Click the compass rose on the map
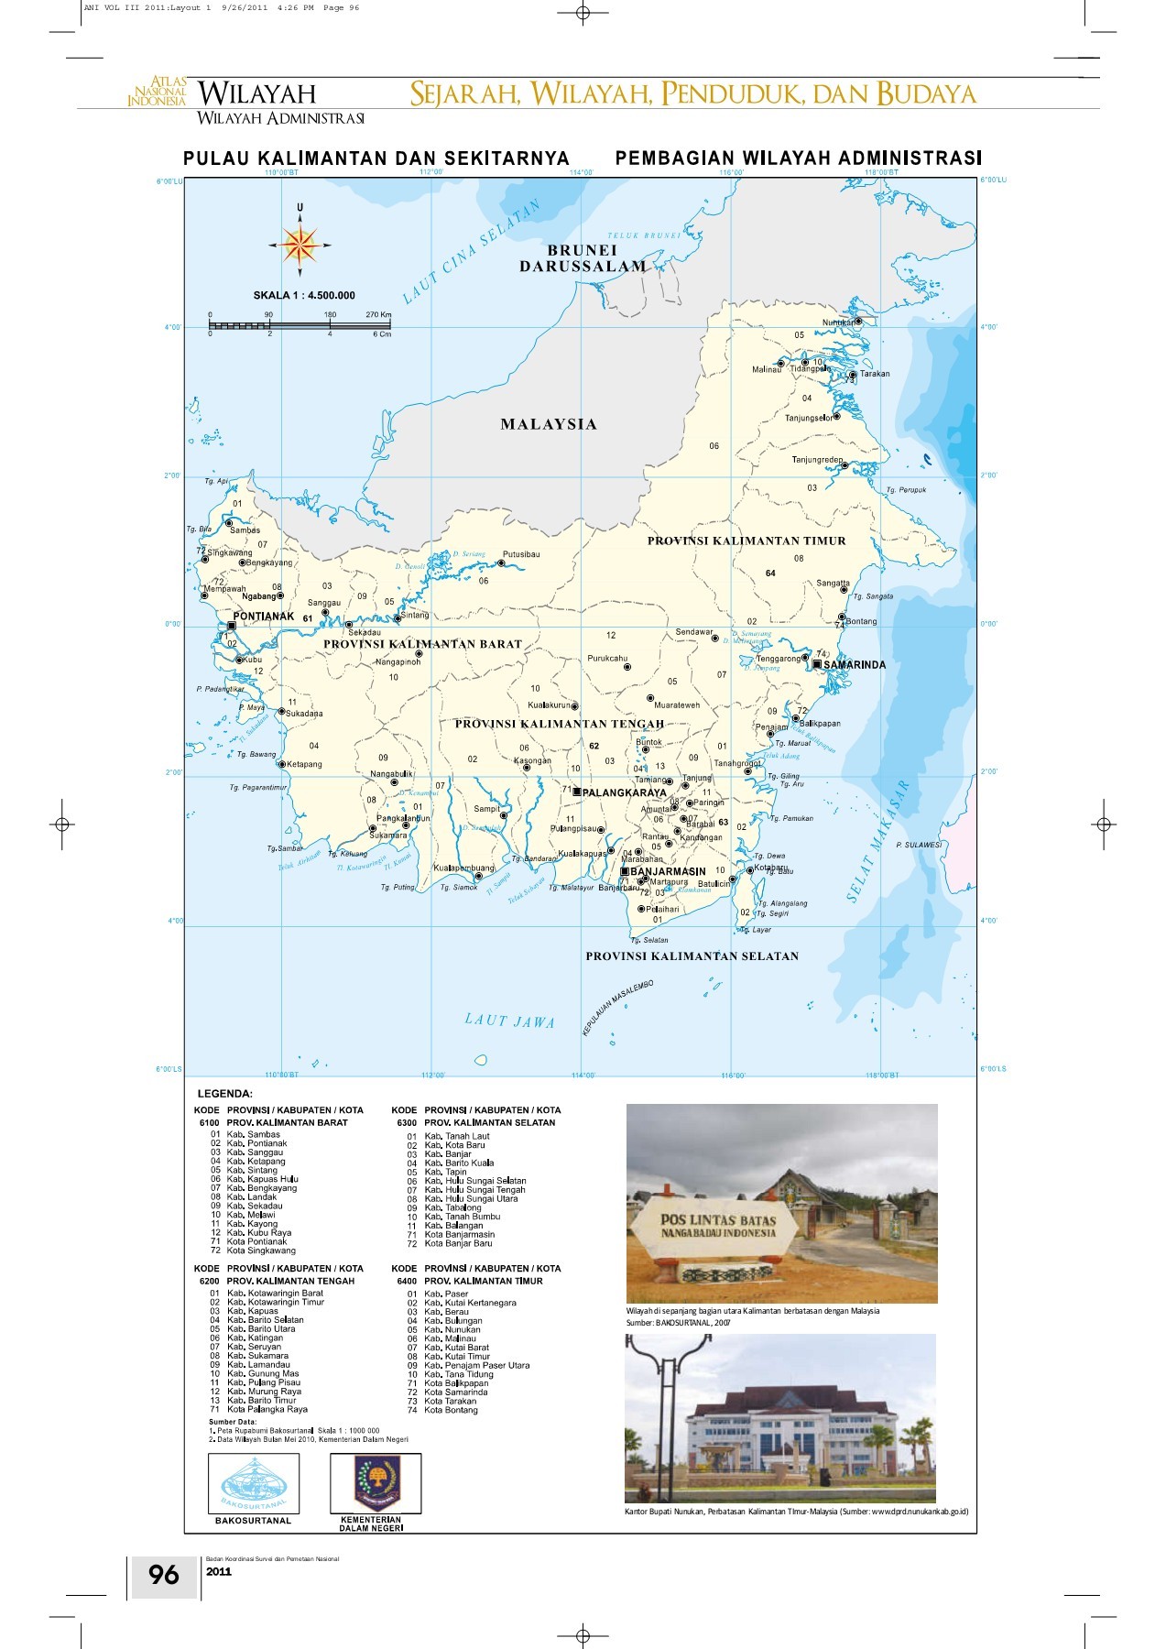[x=300, y=245]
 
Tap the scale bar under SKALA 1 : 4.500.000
[x=300, y=325]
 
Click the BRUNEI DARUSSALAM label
[x=583, y=258]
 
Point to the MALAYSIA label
[x=549, y=424]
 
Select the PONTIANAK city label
[x=264, y=617]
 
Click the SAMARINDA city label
[x=855, y=665]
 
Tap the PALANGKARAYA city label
[x=625, y=792]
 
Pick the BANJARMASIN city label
[x=669, y=871]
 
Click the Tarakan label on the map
[x=875, y=374]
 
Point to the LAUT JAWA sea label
[x=509, y=1021]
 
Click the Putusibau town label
[x=521, y=554]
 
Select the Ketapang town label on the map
[x=304, y=764]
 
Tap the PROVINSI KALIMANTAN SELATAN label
[x=692, y=956]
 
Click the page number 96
[x=164, y=1575]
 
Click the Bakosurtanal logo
[x=253, y=1483]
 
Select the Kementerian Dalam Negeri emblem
[x=376, y=1483]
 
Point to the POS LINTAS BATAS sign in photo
[x=719, y=1226]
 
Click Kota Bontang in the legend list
[x=451, y=1410]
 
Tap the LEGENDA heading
[x=225, y=1094]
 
